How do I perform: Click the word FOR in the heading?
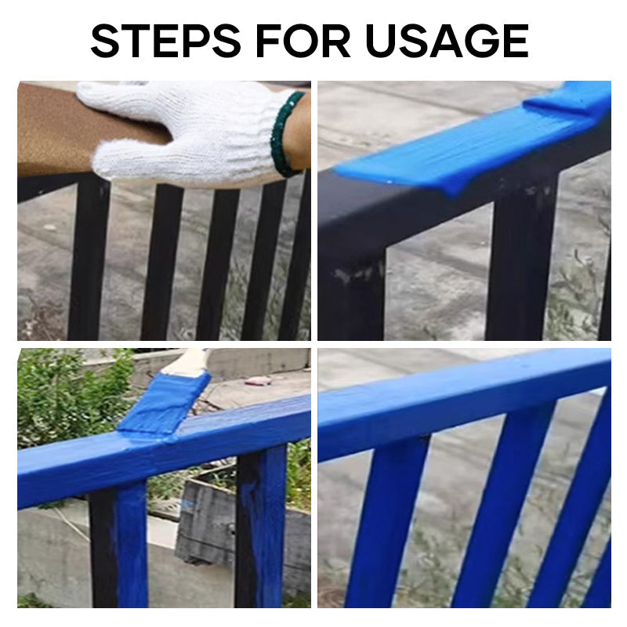coord(295,41)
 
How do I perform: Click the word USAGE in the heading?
coord(447,41)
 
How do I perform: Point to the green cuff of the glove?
coord(284,133)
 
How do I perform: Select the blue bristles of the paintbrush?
coord(165,403)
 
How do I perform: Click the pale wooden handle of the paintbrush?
coord(188,361)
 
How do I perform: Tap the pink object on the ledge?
coord(259,381)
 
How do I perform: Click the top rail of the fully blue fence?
coord(462,396)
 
